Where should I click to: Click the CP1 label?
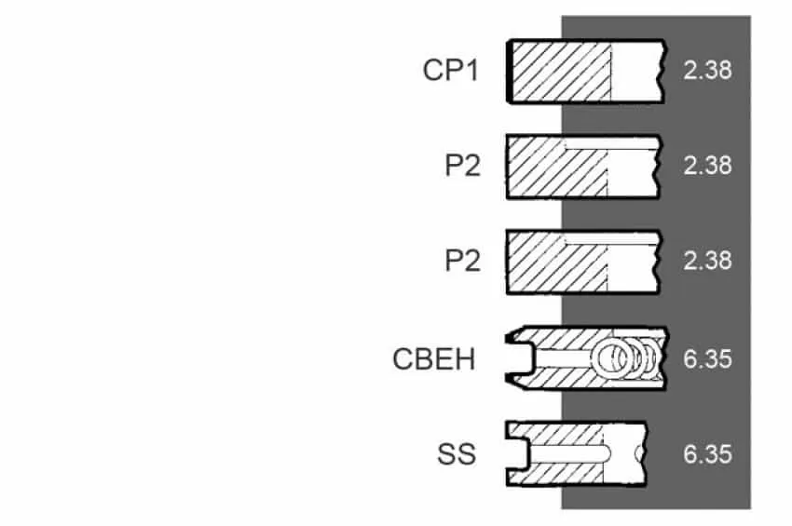point(450,70)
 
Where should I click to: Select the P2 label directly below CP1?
point(462,165)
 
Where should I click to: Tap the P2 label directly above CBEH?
point(462,261)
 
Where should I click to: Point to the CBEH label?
point(434,359)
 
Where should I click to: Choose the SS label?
point(457,454)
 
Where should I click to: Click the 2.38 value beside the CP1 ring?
point(707,70)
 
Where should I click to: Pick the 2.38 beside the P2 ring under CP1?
point(707,165)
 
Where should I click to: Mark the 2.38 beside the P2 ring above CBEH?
point(707,261)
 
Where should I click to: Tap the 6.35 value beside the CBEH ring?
point(707,359)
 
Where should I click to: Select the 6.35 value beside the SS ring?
point(707,454)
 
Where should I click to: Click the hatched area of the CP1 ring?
point(562,71)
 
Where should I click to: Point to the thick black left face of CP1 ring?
point(510,71)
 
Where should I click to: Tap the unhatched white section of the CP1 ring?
point(636,71)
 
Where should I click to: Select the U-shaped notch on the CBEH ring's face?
point(520,358)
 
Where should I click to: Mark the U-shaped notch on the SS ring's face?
point(518,453)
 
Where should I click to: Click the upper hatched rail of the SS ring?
point(555,434)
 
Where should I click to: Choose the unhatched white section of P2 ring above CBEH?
point(633,268)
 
